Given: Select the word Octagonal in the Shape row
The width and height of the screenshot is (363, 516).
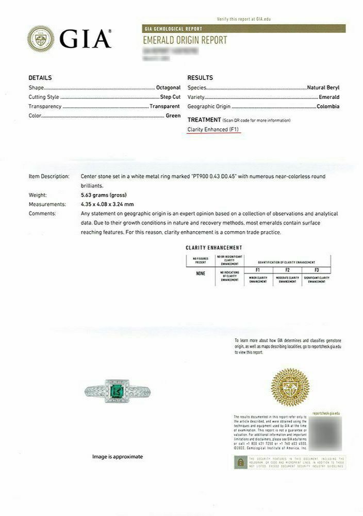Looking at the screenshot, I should click(168, 88).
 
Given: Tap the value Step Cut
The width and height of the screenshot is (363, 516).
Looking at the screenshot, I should click(170, 97).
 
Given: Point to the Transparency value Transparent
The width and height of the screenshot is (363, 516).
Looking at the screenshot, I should click(165, 106).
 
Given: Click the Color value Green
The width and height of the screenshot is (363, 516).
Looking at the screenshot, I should click(173, 116).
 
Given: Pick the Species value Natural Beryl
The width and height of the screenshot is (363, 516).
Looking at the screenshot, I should click(323, 88).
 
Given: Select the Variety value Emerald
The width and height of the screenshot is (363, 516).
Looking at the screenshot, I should click(329, 97).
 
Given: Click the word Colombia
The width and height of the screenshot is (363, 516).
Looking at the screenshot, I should click(328, 106).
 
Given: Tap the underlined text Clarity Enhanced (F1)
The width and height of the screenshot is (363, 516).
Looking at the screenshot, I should click(213, 130).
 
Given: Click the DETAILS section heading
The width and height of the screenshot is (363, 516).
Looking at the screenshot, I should click(40, 78).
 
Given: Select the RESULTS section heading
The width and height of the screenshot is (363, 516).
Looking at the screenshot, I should click(200, 78).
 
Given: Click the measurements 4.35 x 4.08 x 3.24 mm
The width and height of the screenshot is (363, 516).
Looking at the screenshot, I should click(107, 204).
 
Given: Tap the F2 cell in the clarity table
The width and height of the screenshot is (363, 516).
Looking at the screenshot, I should click(288, 270).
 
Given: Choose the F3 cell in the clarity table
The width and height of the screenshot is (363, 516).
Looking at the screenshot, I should click(317, 270).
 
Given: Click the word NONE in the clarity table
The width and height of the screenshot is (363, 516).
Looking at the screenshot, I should click(201, 273).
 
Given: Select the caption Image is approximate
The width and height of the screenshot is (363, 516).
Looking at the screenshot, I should click(118, 457).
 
